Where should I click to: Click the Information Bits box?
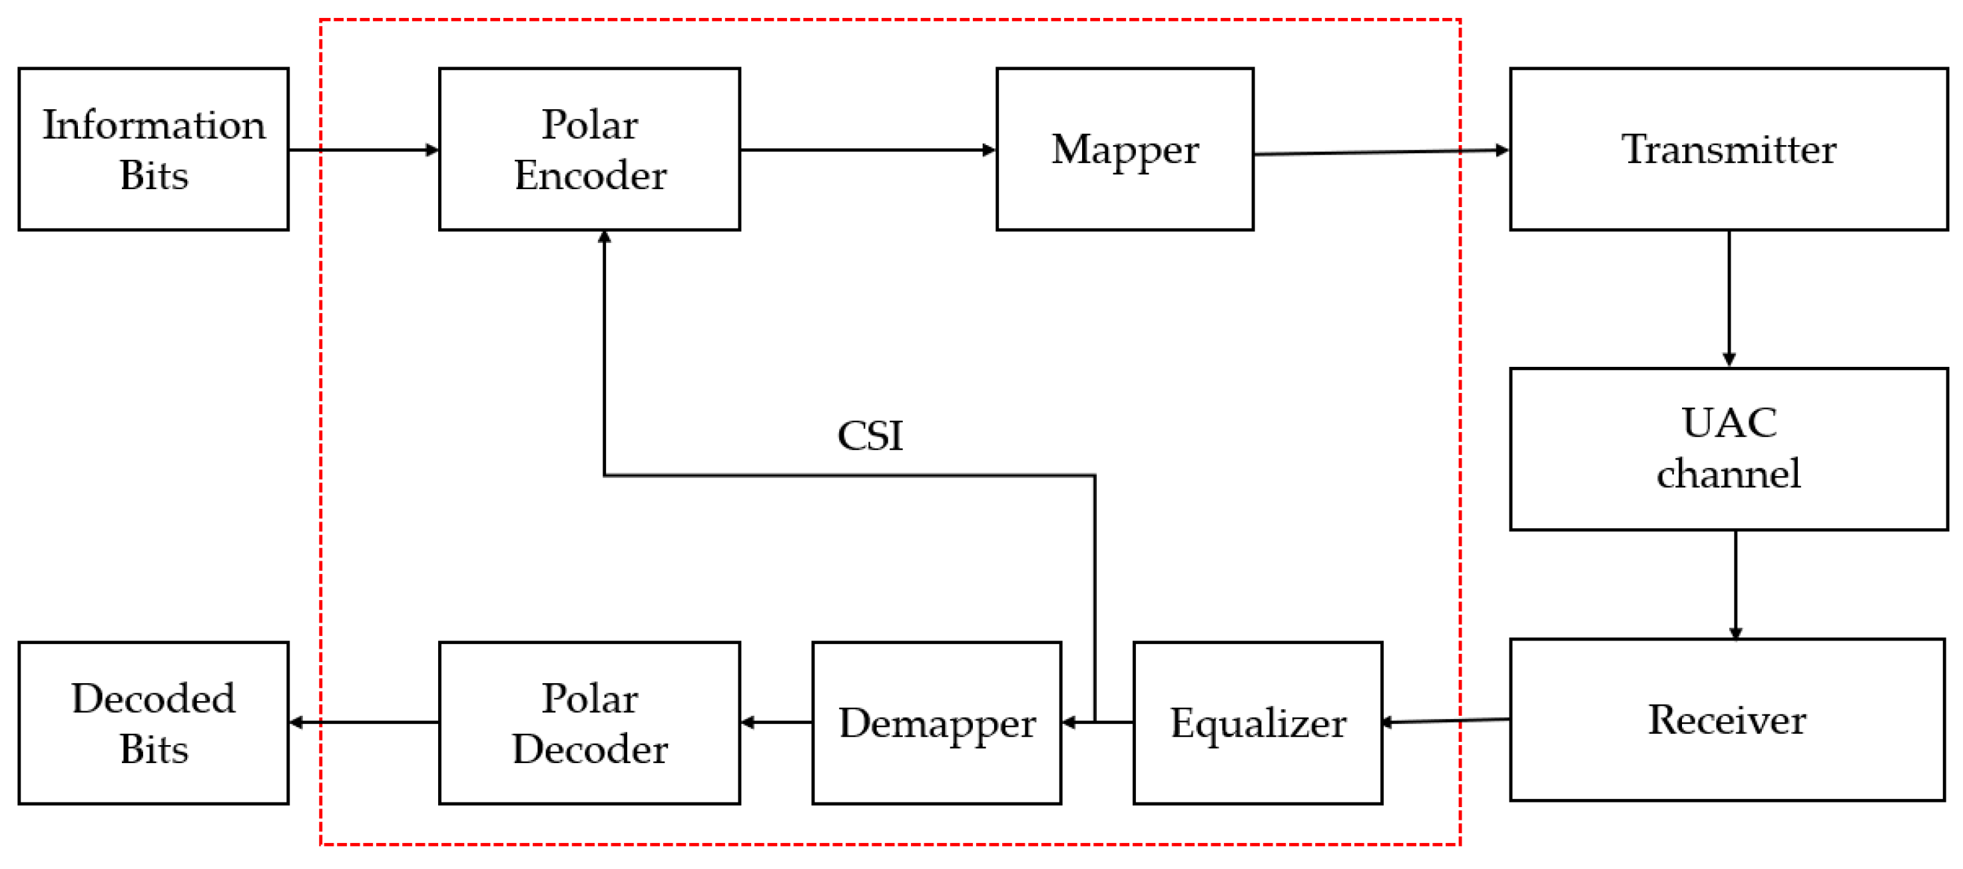click(153, 148)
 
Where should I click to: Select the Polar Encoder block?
click(589, 148)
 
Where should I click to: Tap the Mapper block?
click(1124, 148)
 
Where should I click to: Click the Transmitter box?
click(1729, 148)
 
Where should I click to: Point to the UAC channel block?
click(1729, 449)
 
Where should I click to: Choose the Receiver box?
click(1727, 720)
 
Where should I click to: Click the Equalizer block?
click(1257, 723)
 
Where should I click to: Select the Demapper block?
click(936, 723)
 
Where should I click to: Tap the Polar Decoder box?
click(589, 723)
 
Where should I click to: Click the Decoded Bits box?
click(153, 723)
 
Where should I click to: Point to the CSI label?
click(870, 436)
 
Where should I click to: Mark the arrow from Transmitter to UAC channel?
click(1729, 297)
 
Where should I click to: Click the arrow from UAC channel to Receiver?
click(1735, 584)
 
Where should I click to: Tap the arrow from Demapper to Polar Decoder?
click(776, 722)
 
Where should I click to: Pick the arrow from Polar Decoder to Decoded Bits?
click(364, 722)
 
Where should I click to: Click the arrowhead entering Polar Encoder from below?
click(605, 237)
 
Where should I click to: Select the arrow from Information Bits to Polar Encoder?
click(364, 150)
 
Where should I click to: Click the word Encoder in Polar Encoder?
click(590, 175)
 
